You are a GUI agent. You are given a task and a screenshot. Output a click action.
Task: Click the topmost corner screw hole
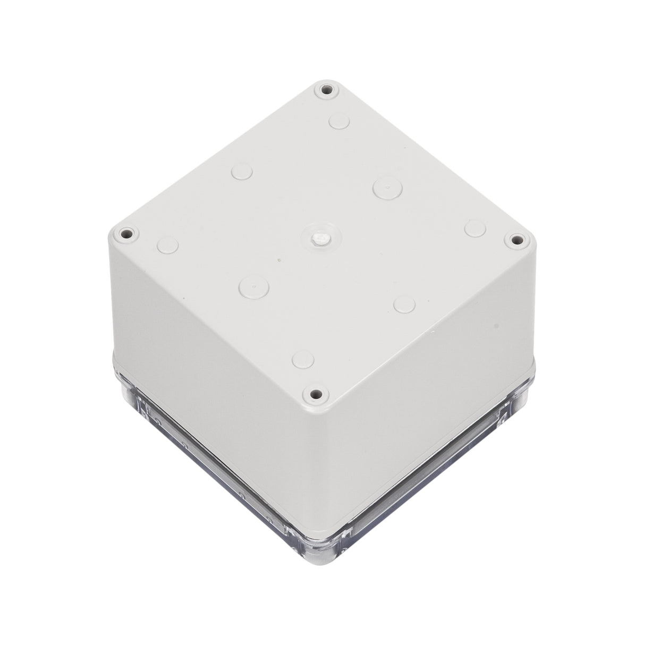click(x=326, y=90)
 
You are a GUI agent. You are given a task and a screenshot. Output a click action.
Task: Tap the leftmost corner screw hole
click(x=126, y=233)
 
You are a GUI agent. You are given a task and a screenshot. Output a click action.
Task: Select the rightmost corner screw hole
click(x=514, y=240)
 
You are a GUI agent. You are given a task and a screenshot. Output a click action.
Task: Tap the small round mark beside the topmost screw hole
click(x=338, y=121)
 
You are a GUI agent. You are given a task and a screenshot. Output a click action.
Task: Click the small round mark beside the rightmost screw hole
click(x=474, y=228)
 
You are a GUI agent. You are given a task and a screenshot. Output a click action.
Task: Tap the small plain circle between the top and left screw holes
click(x=242, y=173)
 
